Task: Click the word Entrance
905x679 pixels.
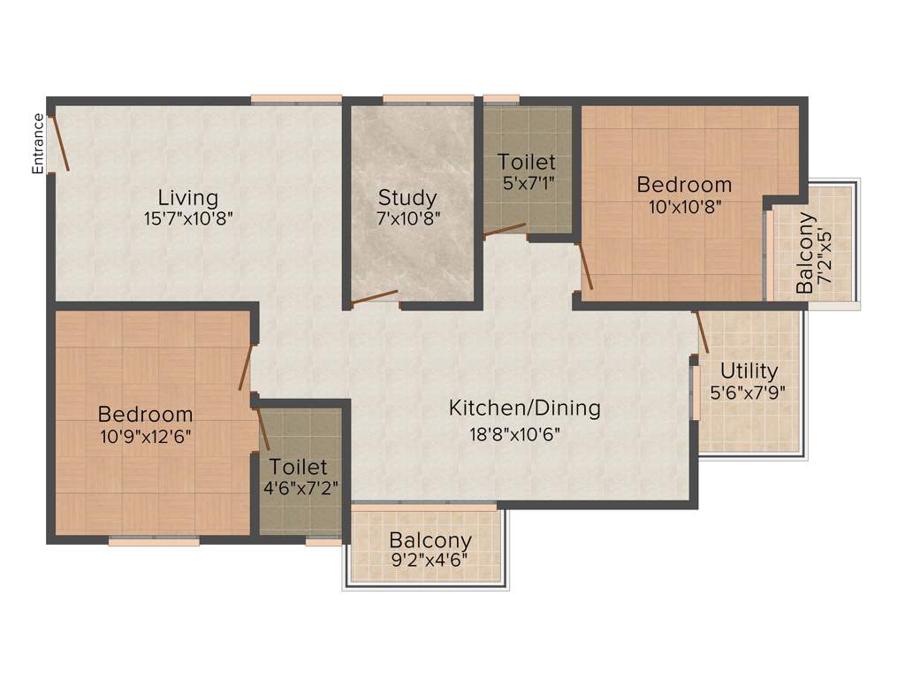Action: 38,143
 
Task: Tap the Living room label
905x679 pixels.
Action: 188,196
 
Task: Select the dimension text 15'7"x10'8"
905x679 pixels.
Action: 188,217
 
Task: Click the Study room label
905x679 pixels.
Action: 407,196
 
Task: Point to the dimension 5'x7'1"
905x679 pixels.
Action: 527,184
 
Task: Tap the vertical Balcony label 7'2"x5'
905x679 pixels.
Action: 815,253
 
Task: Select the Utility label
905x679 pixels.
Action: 749,370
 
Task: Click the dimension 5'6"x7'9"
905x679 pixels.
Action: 749,391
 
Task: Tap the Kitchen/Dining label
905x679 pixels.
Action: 525,408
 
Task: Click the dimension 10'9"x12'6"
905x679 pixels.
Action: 145,435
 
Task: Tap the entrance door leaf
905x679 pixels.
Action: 58,141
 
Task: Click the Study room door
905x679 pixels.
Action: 374,299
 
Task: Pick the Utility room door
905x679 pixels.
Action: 702,331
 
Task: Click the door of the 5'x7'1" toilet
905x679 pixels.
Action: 504,230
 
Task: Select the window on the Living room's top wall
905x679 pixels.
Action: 295,98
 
